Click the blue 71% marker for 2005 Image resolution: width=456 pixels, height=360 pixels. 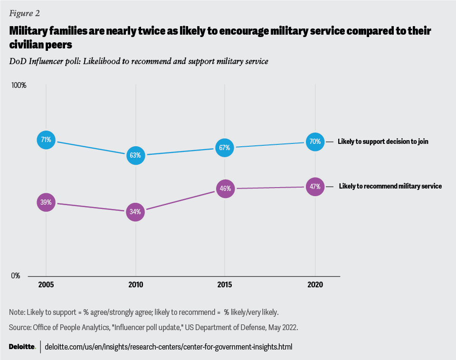pyautogui.click(x=46, y=140)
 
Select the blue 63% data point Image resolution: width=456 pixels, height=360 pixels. pyautogui.click(x=136, y=155)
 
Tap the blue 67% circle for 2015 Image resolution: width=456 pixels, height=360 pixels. pyautogui.click(x=225, y=148)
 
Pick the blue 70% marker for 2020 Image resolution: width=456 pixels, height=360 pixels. pyautogui.click(x=315, y=142)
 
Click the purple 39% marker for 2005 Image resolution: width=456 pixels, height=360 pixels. pyautogui.click(x=46, y=203)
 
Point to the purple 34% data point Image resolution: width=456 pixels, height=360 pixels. pyautogui.click(x=136, y=212)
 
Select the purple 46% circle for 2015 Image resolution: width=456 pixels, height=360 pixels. pyautogui.click(x=225, y=189)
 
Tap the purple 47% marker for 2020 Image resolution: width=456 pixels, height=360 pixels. pyautogui.click(x=315, y=187)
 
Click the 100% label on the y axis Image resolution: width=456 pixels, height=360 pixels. pyautogui.click(x=19, y=85)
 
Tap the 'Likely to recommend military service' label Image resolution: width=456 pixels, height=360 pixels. pyautogui.click(x=390, y=186)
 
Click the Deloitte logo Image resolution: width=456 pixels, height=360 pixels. pyautogui.click(x=22, y=347)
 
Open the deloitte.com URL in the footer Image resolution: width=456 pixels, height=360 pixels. pyautogui.click(x=169, y=347)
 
